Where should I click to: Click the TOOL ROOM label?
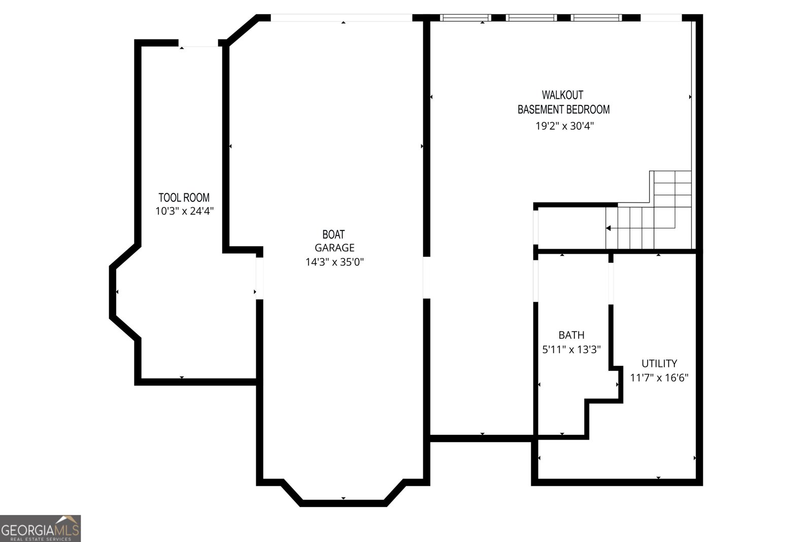[184, 197]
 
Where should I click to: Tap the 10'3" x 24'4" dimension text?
[184, 211]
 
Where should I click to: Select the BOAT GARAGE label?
[334, 241]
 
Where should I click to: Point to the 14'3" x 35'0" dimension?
[334, 262]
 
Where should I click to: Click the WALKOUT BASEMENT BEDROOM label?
[563, 102]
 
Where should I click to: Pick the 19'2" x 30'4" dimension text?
[564, 125]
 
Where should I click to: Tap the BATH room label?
[571, 335]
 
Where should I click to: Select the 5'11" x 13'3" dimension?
[571, 349]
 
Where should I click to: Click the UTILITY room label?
[659, 363]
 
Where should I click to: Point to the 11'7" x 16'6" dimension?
[659, 378]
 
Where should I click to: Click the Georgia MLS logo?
[40, 528]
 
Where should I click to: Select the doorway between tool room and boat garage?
[259, 278]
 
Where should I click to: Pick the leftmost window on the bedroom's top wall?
[465, 18]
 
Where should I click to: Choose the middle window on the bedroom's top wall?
[531, 18]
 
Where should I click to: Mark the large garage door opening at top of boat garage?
[342, 18]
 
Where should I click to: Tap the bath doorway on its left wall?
[535, 281]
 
